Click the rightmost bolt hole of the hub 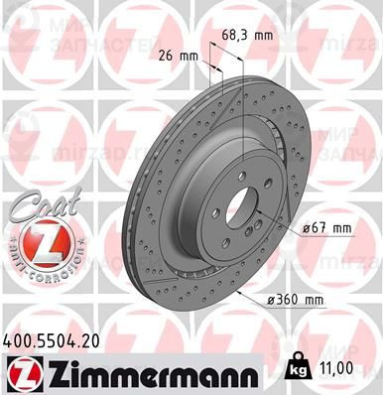[284, 197]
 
